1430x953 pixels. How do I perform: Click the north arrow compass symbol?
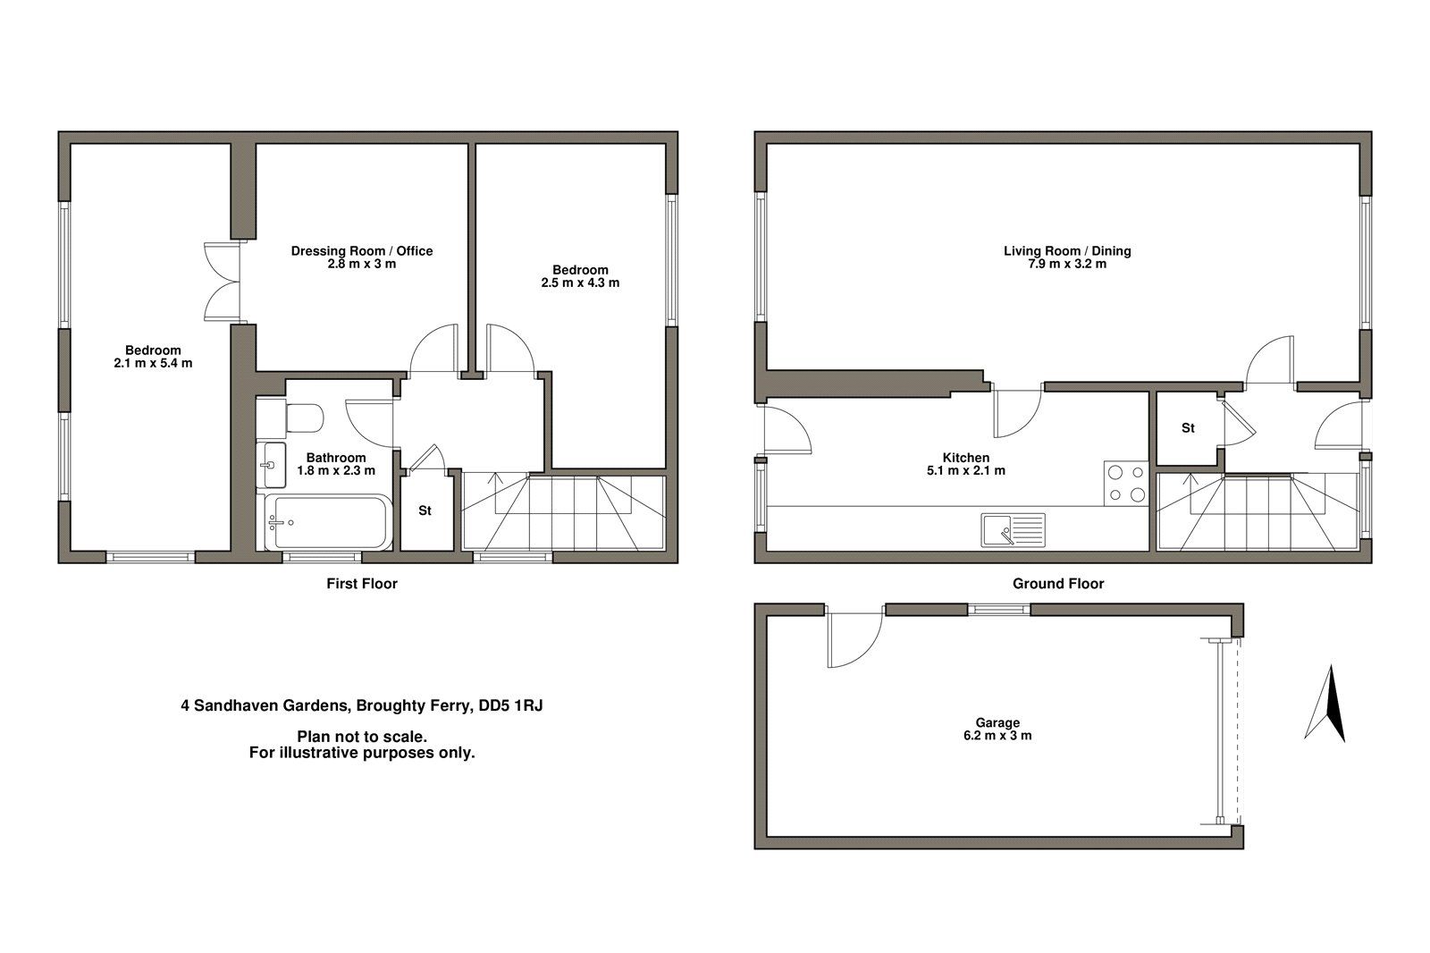pos(1325,704)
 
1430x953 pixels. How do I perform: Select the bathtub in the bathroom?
pos(327,522)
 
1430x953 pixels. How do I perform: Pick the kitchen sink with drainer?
pos(1012,529)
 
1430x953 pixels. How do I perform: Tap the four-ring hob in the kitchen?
pos(1125,483)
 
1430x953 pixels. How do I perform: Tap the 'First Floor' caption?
pos(361,584)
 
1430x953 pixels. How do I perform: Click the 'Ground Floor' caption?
pos(1057,584)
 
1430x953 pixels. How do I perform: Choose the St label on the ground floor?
pos(1188,428)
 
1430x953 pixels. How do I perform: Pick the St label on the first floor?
pos(425,510)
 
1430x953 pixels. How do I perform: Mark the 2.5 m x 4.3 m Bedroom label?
pos(580,276)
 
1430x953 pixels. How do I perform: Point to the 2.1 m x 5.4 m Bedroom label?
pos(153,357)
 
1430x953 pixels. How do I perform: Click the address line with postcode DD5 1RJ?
pos(361,705)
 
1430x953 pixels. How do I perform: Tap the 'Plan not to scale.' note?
pos(361,737)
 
